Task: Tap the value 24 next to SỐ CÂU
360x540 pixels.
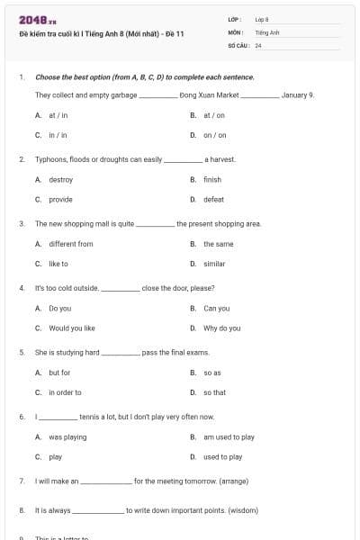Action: pos(258,44)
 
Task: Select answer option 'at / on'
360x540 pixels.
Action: pos(213,115)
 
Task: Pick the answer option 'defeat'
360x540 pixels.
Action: pos(213,199)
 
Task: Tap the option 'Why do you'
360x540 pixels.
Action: pos(221,328)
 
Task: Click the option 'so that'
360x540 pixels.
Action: pos(214,392)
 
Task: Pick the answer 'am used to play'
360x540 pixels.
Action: pos(229,437)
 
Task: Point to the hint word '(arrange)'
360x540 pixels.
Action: pos(229,481)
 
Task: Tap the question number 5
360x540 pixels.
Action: pos(21,353)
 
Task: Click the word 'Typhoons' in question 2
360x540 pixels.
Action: pos(49,159)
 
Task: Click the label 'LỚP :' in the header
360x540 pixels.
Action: pos(236,19)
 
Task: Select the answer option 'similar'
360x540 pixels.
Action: pos(214,264)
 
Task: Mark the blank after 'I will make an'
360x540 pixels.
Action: pos(106,482)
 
